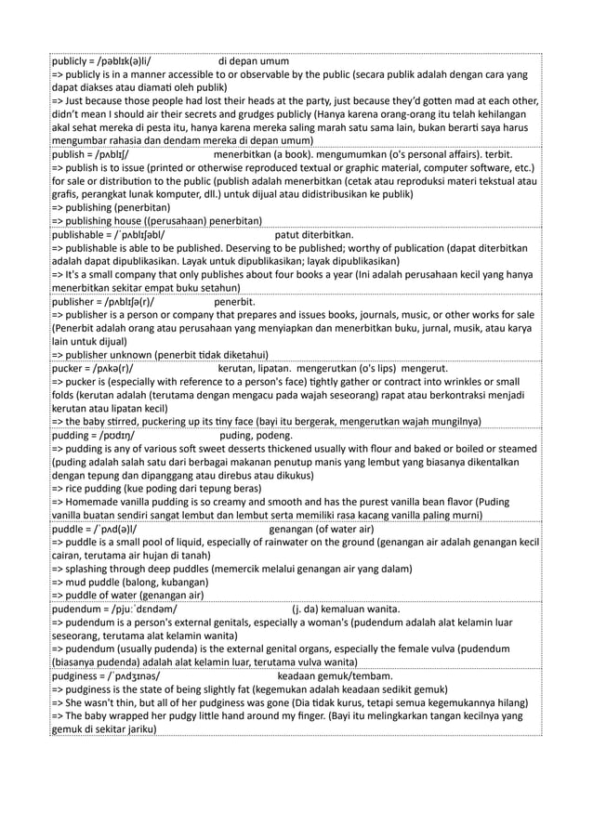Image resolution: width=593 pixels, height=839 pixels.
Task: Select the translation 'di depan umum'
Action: tap(254, 62)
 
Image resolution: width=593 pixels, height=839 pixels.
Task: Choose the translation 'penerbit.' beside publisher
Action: tap(235, 302)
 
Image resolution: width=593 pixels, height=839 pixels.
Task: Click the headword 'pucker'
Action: tap(68, 369)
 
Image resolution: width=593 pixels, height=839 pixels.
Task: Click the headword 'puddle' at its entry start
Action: tap(69, 530)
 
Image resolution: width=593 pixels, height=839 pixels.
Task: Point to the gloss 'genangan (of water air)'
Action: tap(321, 530)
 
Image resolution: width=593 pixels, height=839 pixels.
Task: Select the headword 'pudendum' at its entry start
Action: tap(77, 610)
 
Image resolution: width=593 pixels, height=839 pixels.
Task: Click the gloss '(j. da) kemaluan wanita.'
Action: tap(346, 610)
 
